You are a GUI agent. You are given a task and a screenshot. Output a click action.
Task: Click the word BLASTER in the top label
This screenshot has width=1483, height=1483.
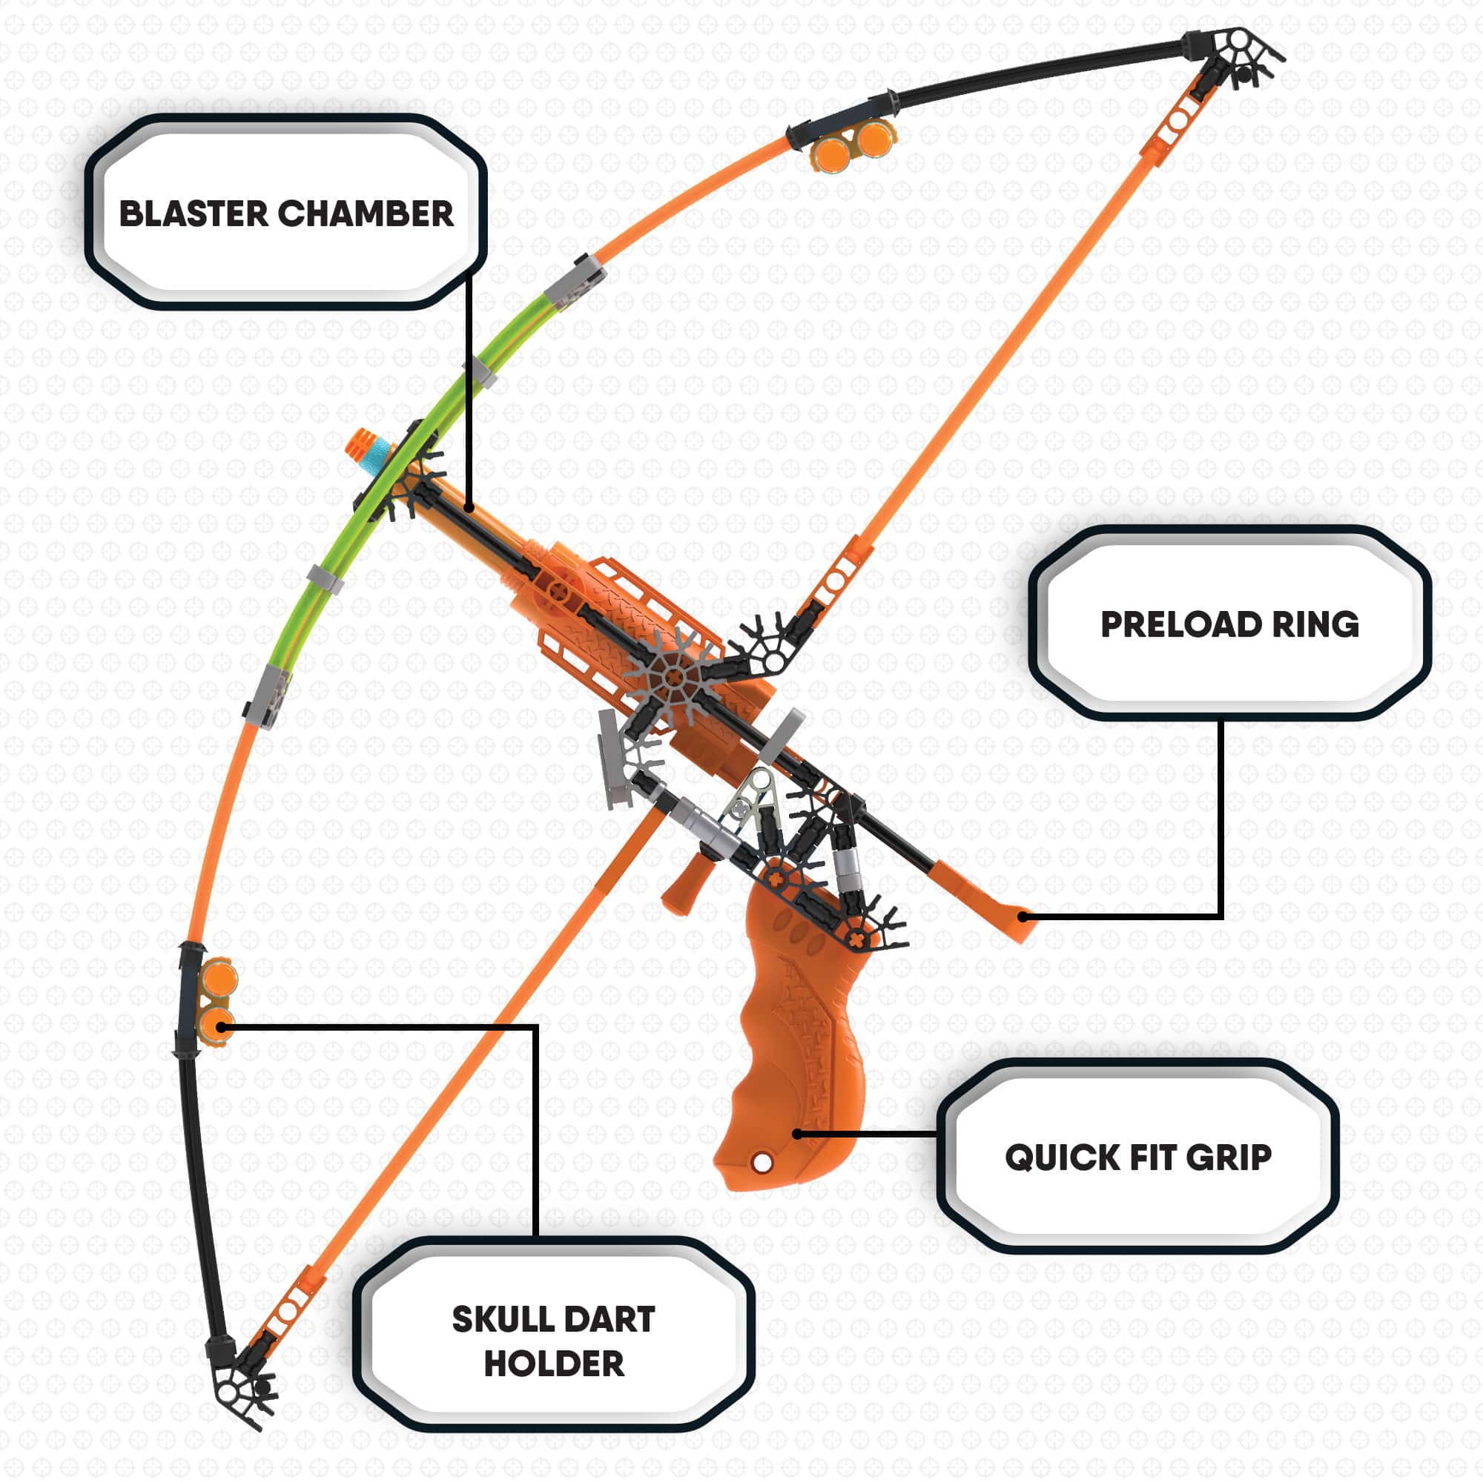point(194,214)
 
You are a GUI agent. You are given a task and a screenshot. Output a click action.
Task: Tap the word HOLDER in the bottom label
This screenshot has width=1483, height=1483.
point(553,1364)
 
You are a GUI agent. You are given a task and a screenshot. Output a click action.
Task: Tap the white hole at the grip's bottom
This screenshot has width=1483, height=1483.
point(762,1163)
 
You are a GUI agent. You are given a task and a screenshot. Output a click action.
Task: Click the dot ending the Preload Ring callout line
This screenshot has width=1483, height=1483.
point(1023,916)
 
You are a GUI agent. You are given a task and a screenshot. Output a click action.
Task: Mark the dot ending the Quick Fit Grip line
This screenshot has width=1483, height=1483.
point(798,1134)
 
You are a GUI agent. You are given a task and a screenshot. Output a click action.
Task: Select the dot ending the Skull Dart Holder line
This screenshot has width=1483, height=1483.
point(221,1025)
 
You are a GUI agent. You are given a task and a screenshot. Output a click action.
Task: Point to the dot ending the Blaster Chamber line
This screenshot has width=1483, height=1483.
point(468,506)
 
